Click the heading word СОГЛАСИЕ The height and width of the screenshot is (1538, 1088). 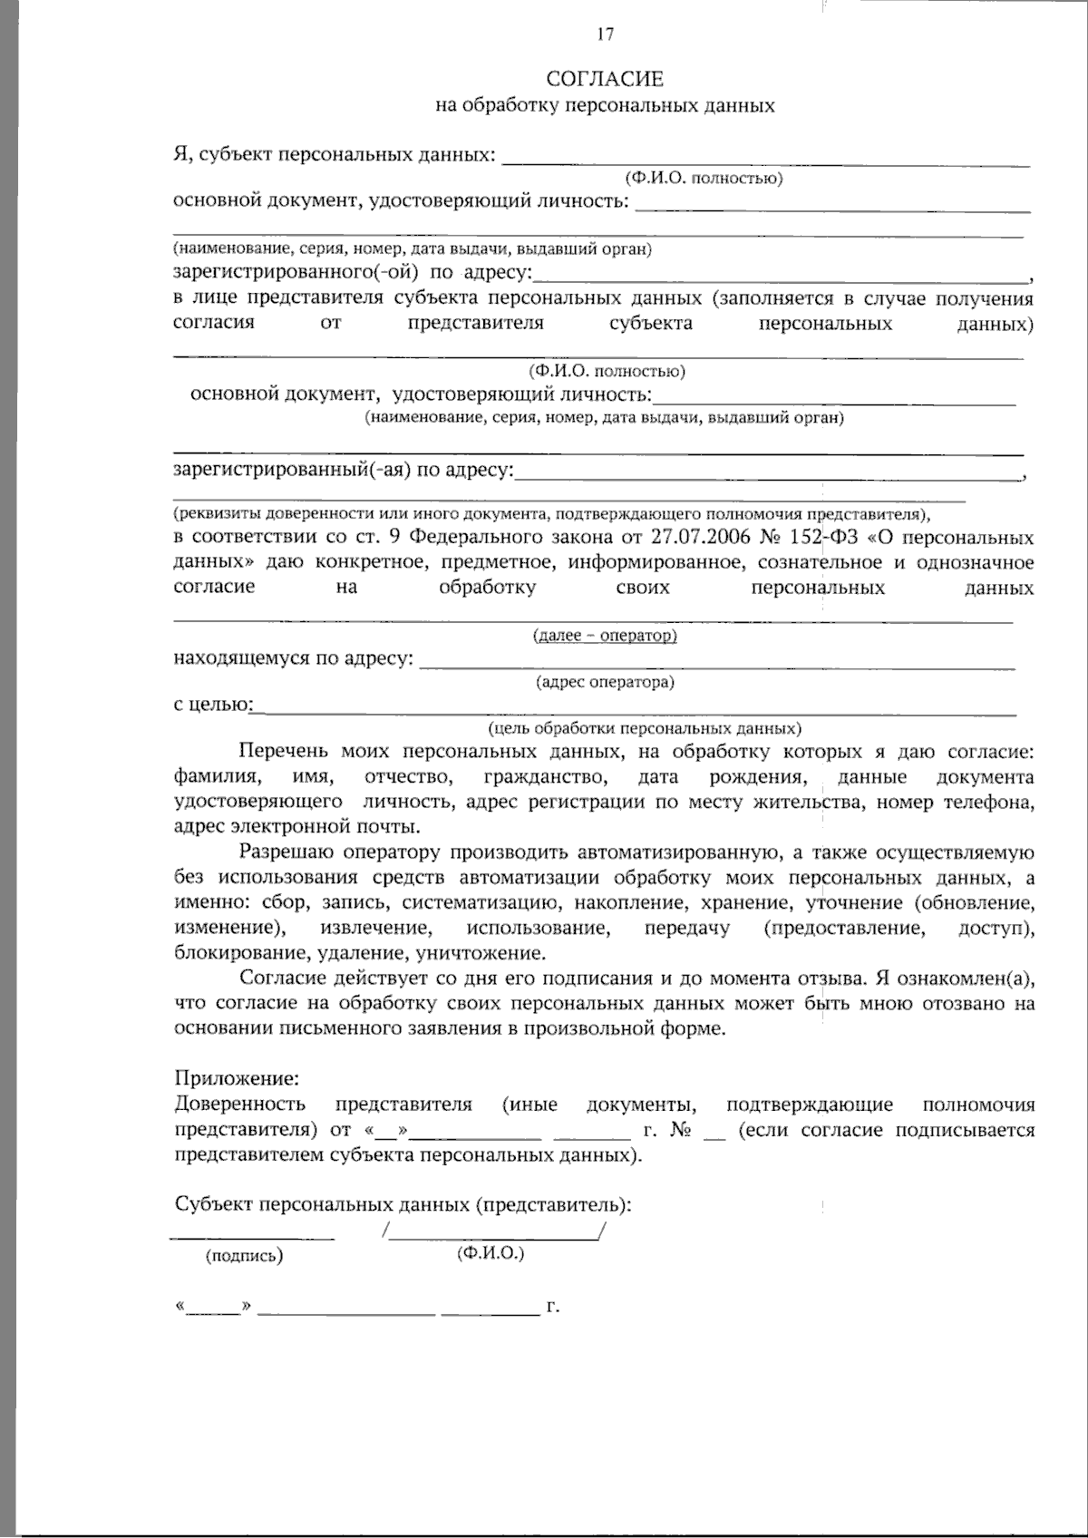[605, 80]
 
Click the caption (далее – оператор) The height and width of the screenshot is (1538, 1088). [605, 636]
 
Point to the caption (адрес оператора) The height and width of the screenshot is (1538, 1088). [605, 681]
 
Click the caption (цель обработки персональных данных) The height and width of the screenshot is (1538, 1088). [644, 728]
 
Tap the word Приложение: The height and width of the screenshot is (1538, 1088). [236, 1079]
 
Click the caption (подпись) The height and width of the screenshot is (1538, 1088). [244, 1256]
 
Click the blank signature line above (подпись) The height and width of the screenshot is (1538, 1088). [252, 1238]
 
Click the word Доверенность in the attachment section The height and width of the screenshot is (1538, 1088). [239, 1105]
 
